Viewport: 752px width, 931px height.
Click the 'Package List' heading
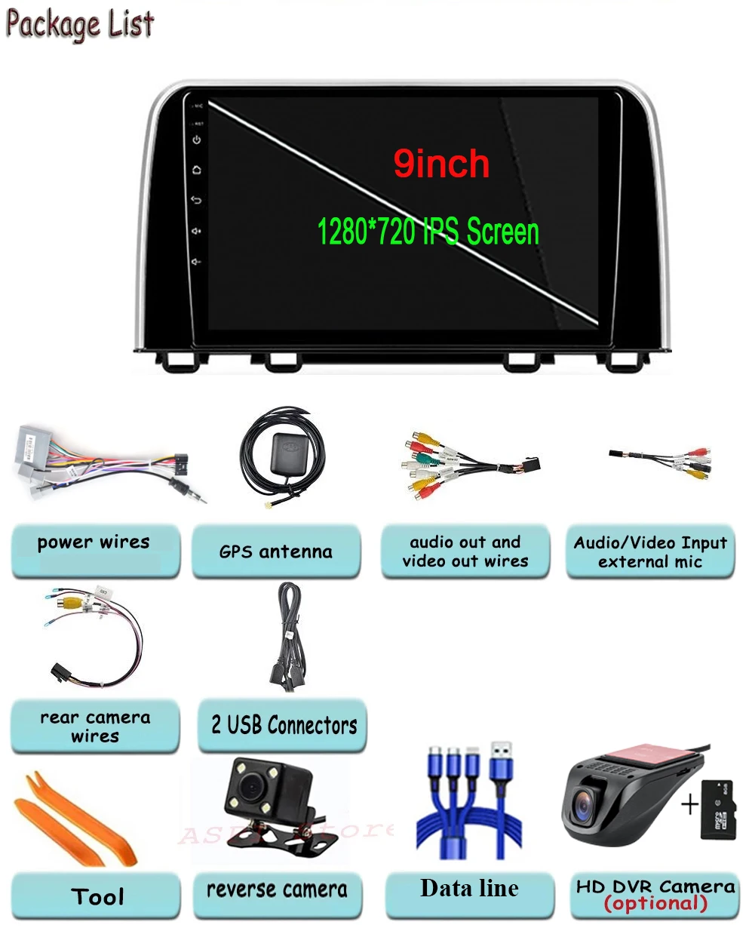pos(79,24)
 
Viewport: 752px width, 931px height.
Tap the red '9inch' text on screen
pos(441,164)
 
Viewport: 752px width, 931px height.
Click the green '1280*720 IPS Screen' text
pos(428,231)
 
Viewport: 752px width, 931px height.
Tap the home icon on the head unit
pos(197,170)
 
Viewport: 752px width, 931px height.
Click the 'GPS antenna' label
pos(276,552)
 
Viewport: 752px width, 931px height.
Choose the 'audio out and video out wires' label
pos(465,552)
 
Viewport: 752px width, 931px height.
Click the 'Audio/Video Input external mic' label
pos(649,552)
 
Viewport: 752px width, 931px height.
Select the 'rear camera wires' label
pos(95,727)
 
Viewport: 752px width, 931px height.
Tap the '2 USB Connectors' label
pos(283,726)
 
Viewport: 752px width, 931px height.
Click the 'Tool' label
pos(97,896)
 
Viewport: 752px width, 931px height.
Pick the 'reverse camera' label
pos(277,890)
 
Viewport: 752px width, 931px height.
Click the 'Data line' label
pos(469,889)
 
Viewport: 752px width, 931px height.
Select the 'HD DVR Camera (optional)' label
pos(655,895)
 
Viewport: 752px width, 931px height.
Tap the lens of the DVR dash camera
pos(584,808)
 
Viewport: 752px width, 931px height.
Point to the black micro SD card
pos(717,810)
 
